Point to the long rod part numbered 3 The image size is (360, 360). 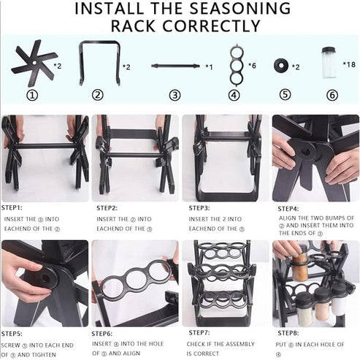[175, 66]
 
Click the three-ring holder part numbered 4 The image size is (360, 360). [234, 66]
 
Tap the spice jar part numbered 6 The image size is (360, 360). [328, 63]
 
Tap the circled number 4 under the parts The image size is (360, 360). [234, 95]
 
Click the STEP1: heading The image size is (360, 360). [14, 207]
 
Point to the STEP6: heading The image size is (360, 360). [107, 333]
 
